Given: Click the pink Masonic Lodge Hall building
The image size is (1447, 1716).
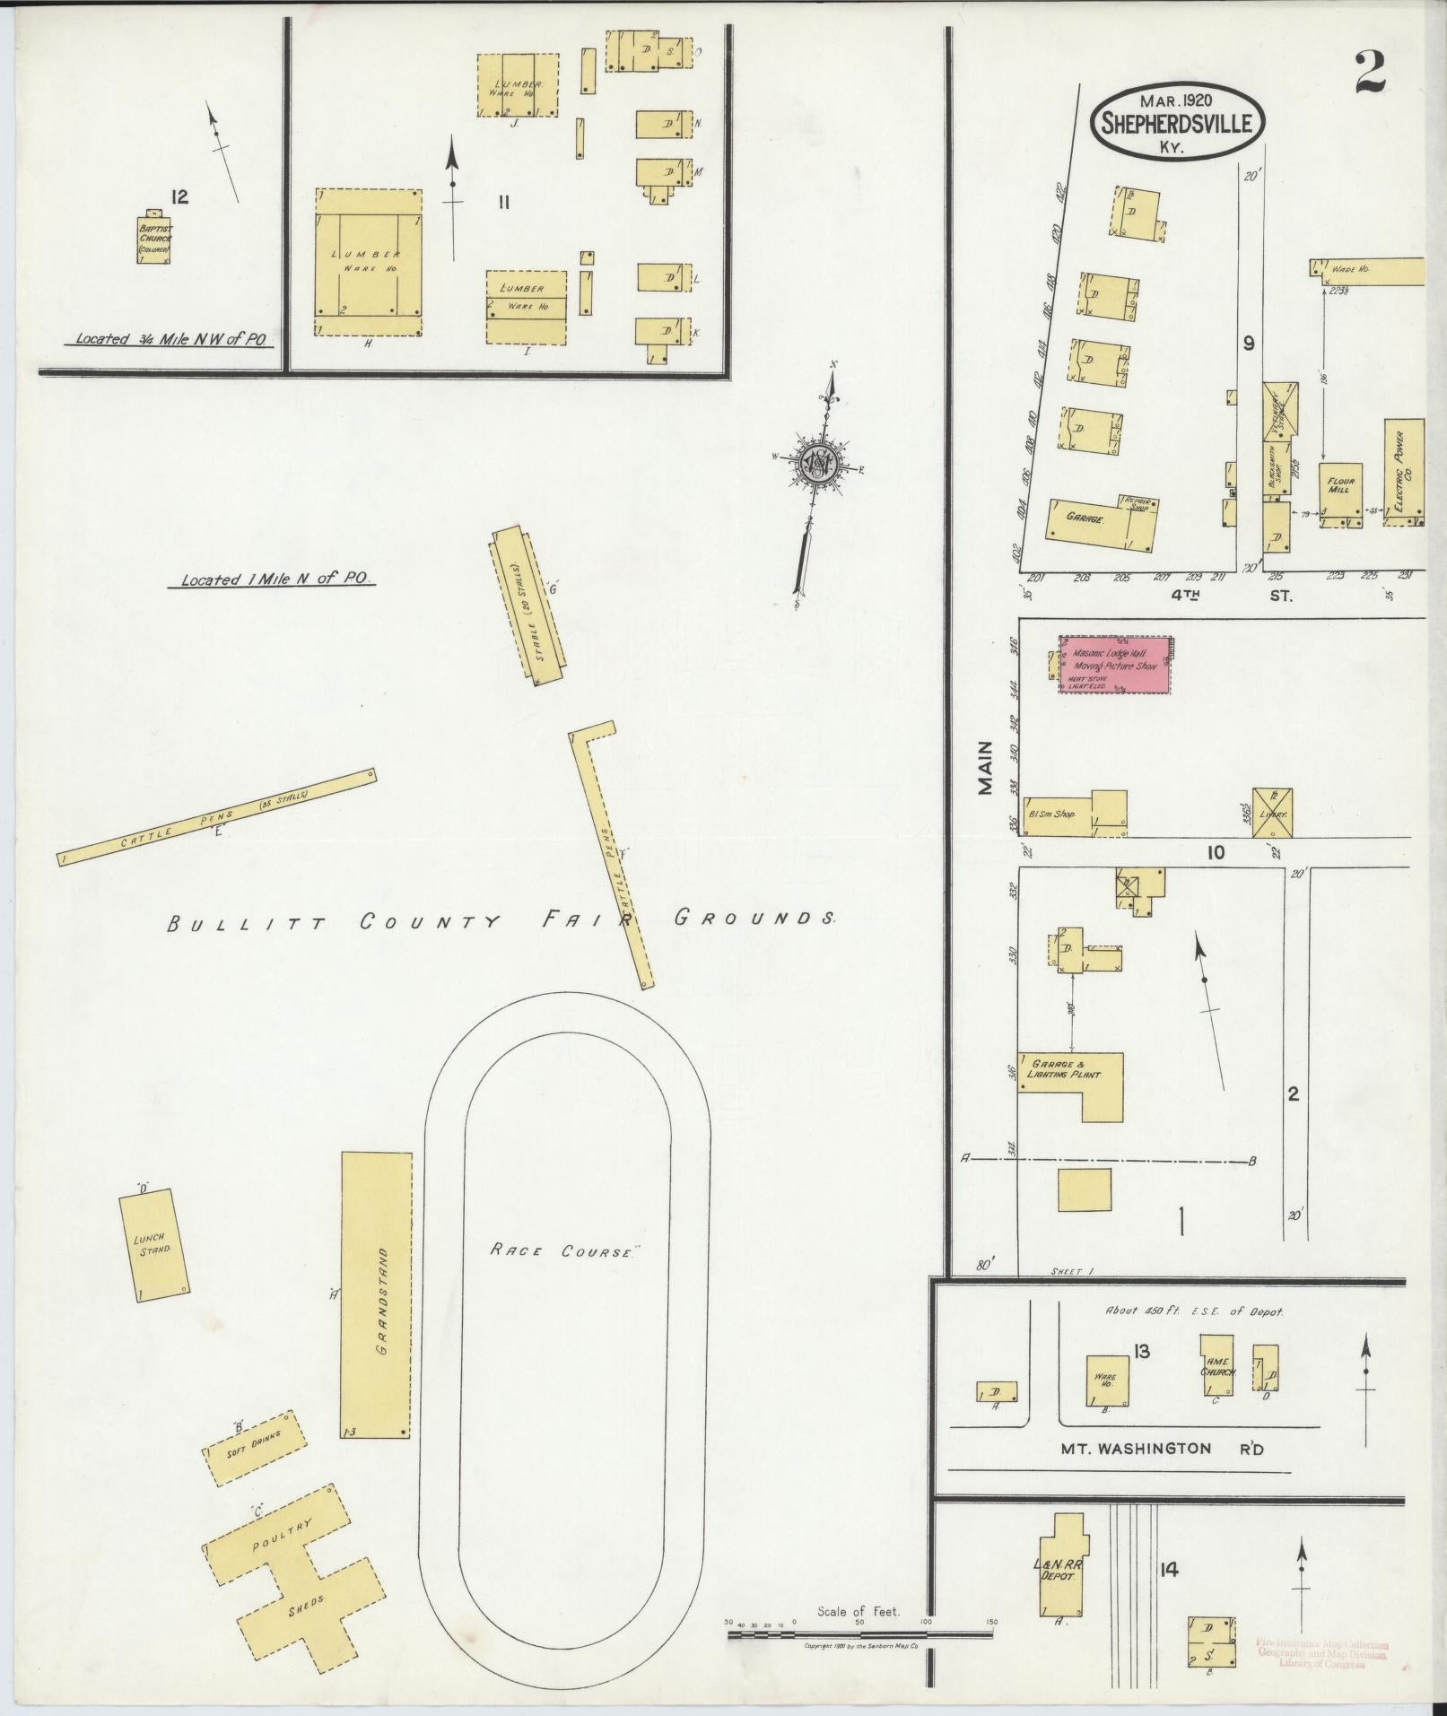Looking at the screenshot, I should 1115,665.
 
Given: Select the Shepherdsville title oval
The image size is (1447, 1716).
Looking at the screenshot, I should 1177,124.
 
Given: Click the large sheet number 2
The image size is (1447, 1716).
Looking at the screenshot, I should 1369,73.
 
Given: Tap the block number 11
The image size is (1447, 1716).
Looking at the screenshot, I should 504,203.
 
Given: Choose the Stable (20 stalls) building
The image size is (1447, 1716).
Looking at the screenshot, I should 527,607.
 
